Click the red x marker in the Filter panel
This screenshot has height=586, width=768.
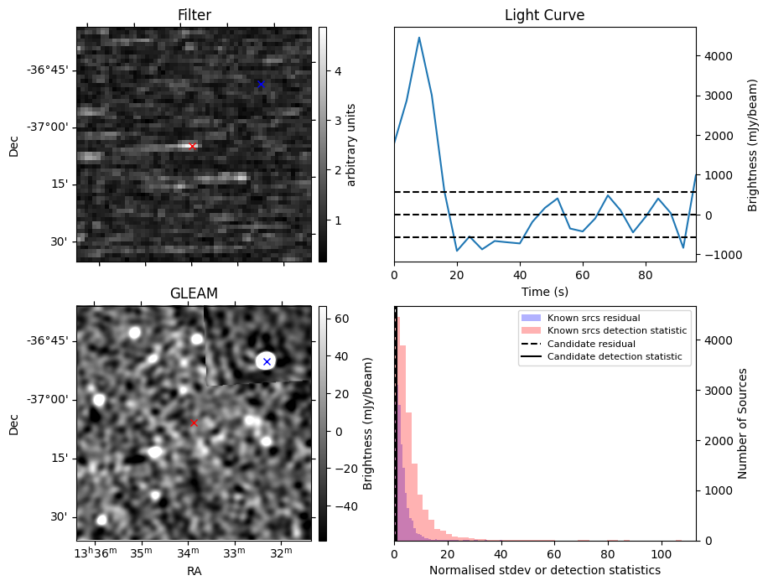coord(192,146)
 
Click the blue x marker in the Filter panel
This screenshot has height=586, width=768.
coord(261,84)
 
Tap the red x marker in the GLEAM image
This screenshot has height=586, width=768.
coord(194,423)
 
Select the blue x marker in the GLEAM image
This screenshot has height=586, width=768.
coord(267,361)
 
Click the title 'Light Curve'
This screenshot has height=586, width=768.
coord(544,15)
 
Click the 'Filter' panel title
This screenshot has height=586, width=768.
coord(195,15)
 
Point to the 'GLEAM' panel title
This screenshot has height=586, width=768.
coord(194,293)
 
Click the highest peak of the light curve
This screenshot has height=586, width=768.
coord(419,38)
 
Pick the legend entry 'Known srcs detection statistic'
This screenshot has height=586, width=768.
coord(616,331)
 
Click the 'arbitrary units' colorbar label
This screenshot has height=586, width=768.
coord(351,144)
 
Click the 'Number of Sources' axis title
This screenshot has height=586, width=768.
coord(743,423)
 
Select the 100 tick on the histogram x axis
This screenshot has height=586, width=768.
coord(662,553)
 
